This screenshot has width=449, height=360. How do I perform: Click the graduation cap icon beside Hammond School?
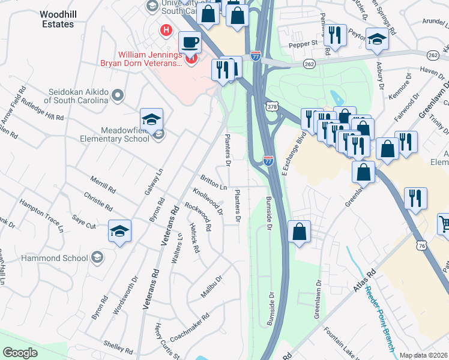point(119,231)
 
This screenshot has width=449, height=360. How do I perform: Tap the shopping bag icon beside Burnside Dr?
point(299,232)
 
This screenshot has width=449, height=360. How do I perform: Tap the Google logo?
point(20,353)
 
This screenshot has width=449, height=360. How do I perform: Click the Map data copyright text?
point(423,355)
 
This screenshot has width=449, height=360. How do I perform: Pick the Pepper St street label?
point(305,44)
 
